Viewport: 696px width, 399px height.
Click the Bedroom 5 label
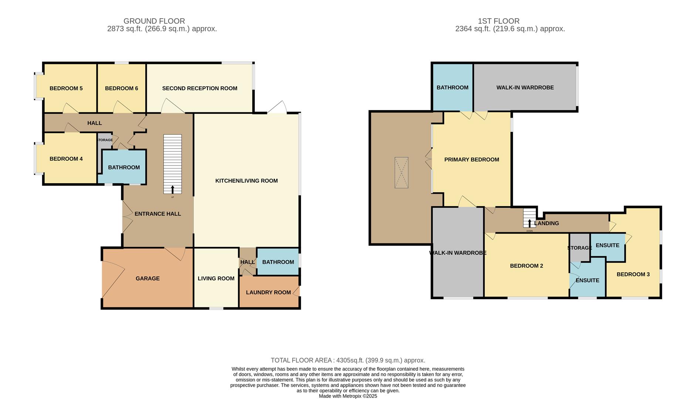point(66,88)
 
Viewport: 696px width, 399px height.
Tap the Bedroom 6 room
point(121,88)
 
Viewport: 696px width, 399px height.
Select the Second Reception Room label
point(200,88)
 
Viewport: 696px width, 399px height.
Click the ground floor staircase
point(172,163)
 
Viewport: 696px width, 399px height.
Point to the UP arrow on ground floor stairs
point(172,190)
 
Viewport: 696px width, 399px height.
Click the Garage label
point(148,279)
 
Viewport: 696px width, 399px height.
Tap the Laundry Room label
point(268,293)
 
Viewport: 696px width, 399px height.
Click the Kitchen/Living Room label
point(247,181)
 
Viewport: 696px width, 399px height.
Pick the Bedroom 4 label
point(66,159)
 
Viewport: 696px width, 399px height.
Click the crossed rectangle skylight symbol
point(401,173)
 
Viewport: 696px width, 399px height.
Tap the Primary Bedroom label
point(472,160)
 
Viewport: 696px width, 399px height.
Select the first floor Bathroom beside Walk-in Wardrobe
point(452,88)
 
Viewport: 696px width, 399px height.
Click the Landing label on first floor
point(547,223)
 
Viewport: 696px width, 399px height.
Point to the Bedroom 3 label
point(633,274)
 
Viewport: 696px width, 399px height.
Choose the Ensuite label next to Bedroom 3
point(608,245)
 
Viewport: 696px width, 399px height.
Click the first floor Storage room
point(579,248)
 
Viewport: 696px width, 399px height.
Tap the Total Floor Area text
point(348,360)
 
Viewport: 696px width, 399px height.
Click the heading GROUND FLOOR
point(154,21)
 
